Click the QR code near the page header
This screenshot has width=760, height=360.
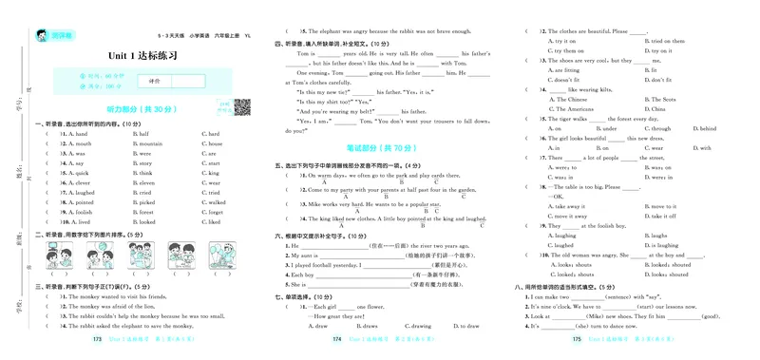coord(242,105)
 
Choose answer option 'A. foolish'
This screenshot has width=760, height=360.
coord(84,212)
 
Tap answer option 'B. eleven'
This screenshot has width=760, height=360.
coord(147,182)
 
